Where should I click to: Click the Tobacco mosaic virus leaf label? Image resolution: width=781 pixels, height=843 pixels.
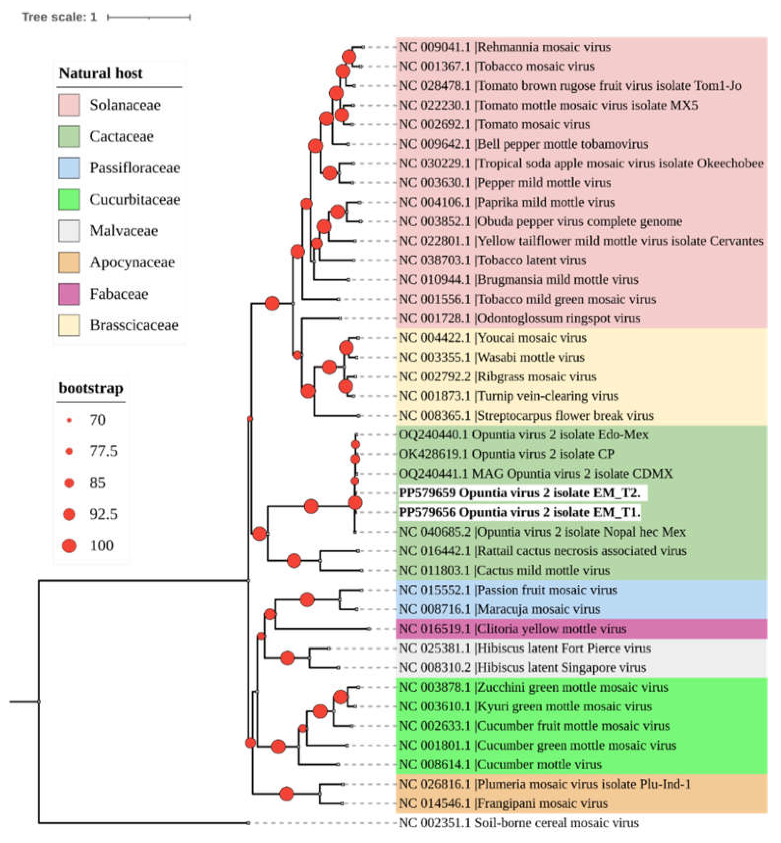(497, 66)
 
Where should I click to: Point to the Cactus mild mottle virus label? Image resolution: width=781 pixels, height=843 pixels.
(504, 570)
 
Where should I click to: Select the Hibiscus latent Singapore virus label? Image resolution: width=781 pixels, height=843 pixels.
(522, 667)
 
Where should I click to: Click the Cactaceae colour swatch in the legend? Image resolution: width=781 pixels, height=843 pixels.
(68, 136)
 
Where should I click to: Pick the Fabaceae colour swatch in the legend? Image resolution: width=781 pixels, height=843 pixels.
(68, 294)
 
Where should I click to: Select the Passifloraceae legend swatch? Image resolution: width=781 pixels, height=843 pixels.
(68, 168)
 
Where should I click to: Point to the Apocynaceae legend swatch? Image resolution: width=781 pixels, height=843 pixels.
(68, 262)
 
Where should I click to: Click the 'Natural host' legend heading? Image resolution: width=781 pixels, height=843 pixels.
(101, 74)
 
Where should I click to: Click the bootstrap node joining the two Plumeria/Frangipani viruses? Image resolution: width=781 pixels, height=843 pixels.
(286, 794)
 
